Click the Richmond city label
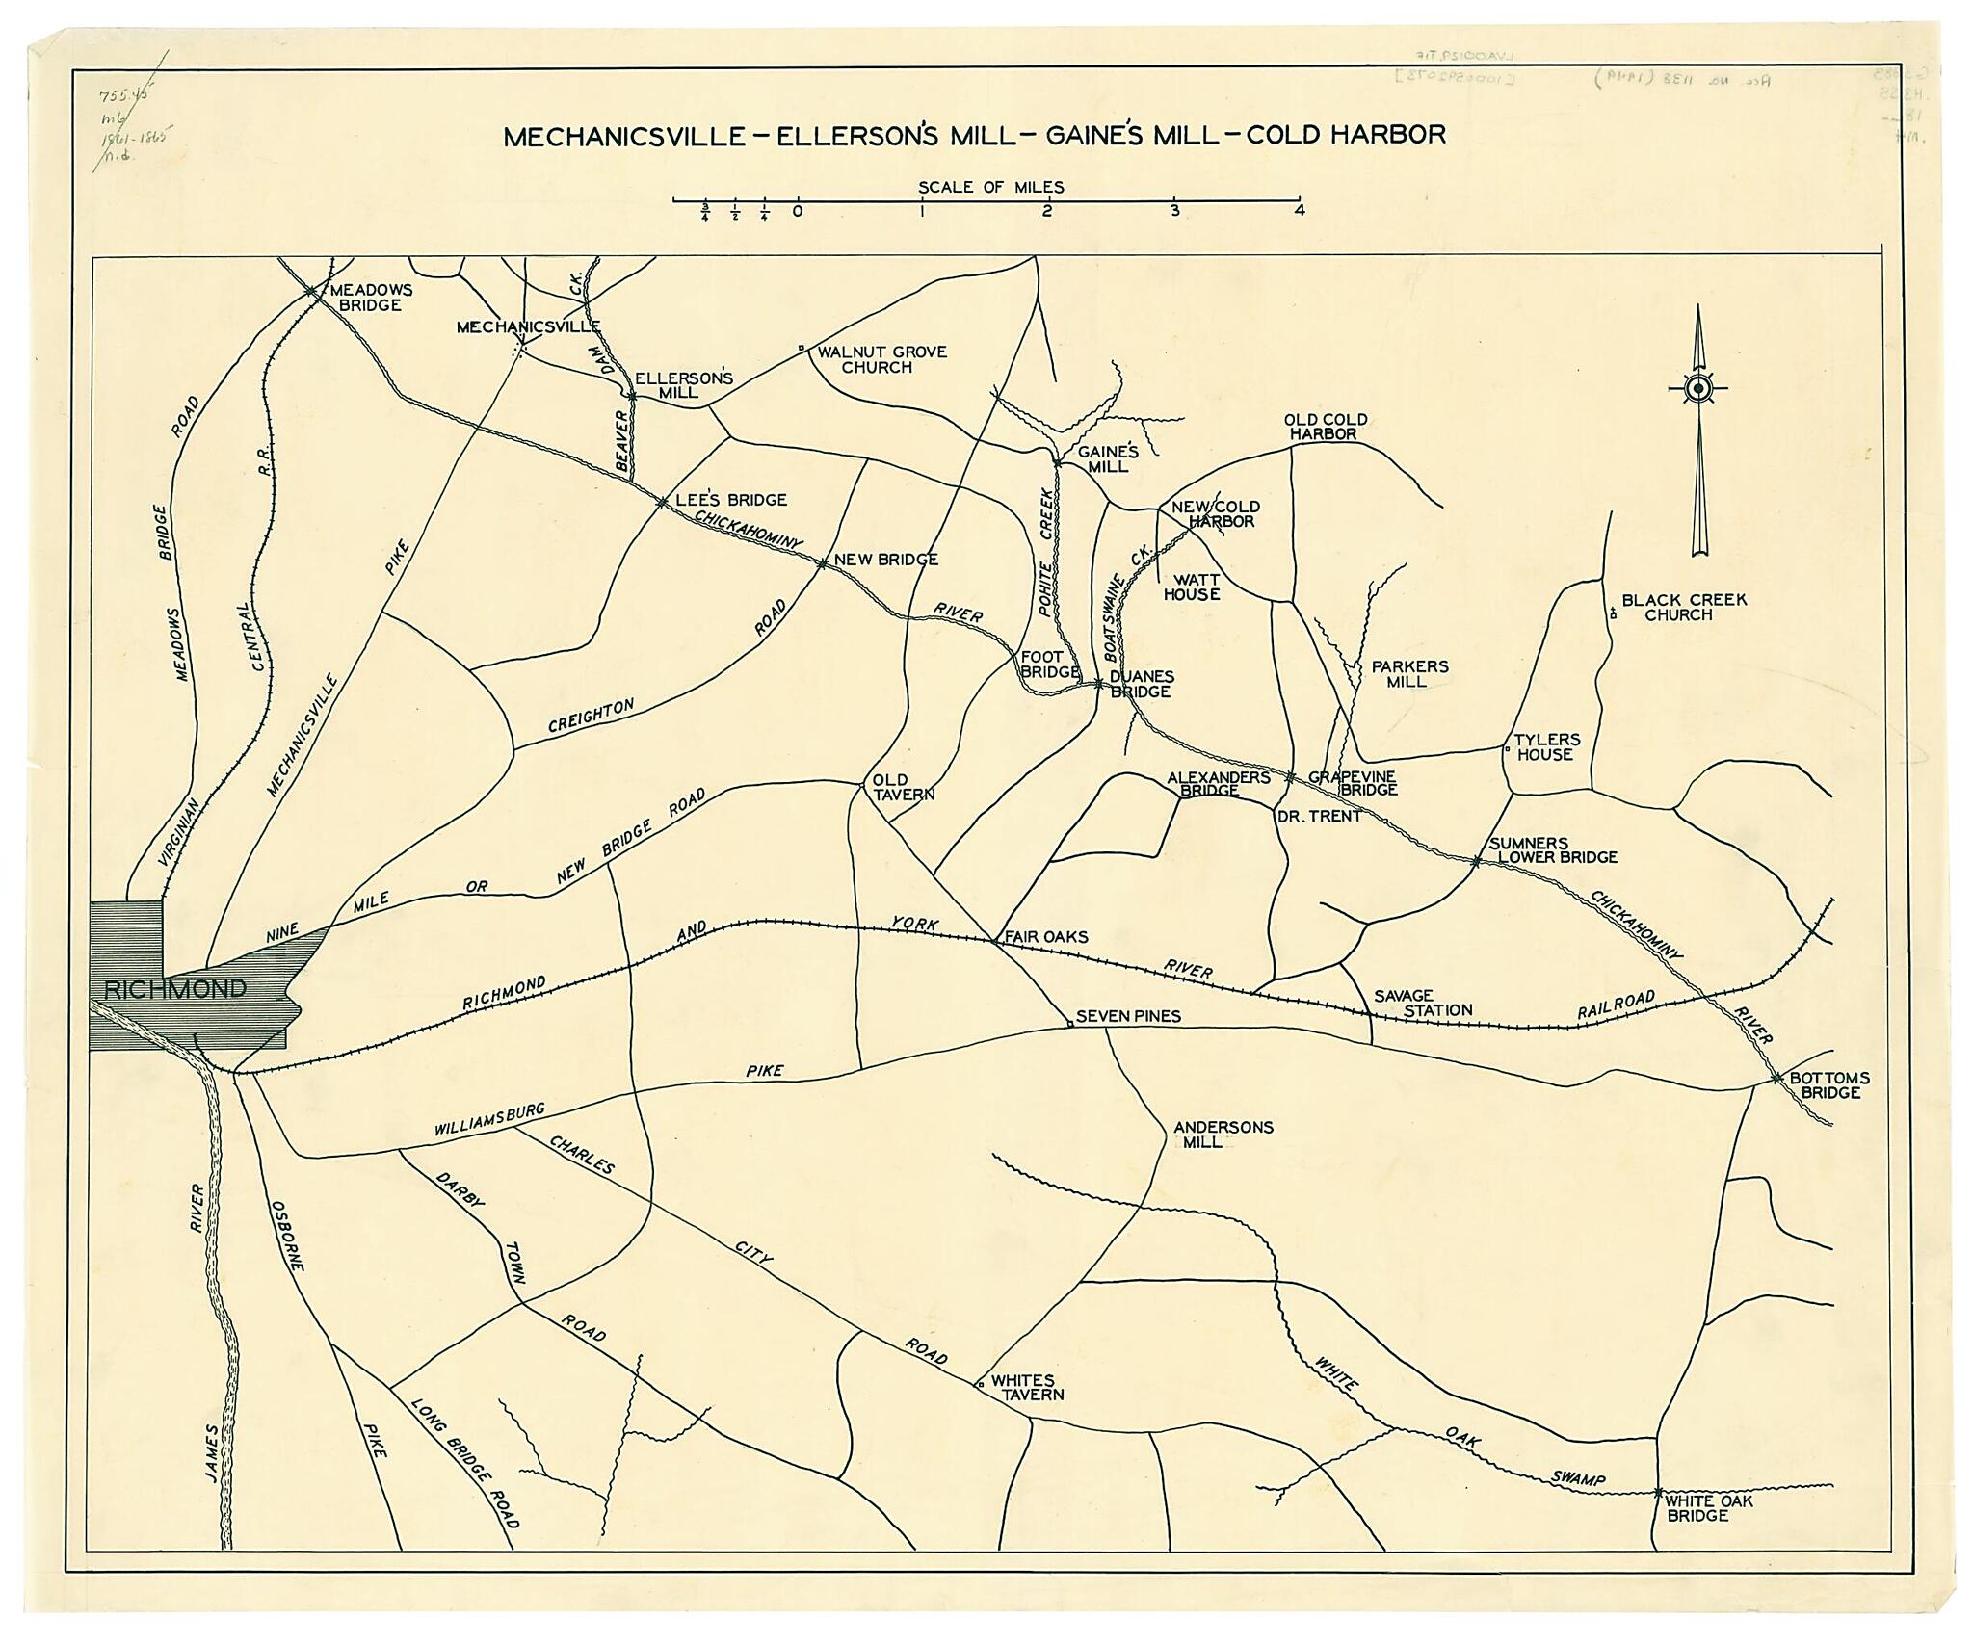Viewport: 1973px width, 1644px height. click(174, 989)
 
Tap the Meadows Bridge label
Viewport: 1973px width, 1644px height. click(371, 297)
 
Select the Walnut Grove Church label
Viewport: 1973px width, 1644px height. click(881, 359)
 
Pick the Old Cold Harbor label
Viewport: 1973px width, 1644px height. click(1325, 427)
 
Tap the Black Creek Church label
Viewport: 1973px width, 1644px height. click(1683, 607)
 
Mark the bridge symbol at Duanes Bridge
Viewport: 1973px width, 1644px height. click(1098, 684)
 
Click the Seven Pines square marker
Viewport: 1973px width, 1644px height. click(1069, 1024)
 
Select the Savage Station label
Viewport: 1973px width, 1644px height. click(1423, 1003)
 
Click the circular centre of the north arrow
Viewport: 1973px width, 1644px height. click(1697, 388)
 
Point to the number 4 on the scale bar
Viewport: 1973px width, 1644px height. click(1299, 211)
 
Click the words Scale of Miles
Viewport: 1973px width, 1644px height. click(990, 187)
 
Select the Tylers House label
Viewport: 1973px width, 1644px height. click(1546, 747)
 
